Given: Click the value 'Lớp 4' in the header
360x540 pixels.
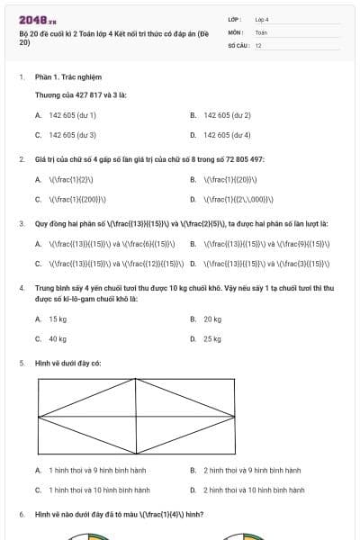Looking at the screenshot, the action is pyautogui.click(x=262, y=18).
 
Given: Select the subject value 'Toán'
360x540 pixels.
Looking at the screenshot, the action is pyautogui.click(x=261, y=31).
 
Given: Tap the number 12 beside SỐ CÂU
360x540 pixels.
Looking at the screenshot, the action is pyautogui.click(x=258, y=44).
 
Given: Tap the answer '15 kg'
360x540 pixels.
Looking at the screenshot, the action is pyautogui.click(x=58, y=319).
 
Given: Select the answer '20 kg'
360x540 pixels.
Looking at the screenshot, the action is pyautogui.click(x=212, y=319).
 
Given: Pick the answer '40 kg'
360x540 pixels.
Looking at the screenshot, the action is pyautogui.click(x=58, y=339).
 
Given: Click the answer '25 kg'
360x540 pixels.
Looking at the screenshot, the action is pyautogui.click(x=212, y=339).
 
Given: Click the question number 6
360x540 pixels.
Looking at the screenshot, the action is pyautogui.click(x=21, y=514).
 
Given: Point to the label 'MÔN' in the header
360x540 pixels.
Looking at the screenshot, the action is pyautogui.click(x=235, y=31).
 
